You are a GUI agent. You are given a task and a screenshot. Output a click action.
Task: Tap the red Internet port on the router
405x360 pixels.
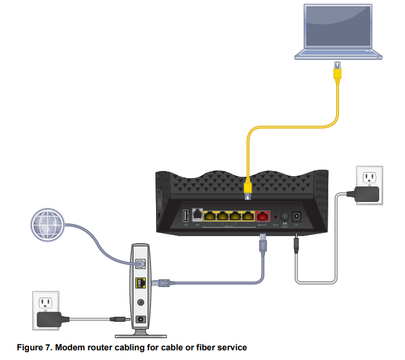click(x=263, y=217)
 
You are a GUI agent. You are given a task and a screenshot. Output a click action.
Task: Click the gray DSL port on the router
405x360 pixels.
click(x=197, y=216)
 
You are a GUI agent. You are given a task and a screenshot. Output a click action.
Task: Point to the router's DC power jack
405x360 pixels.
click(x=297, y=217)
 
